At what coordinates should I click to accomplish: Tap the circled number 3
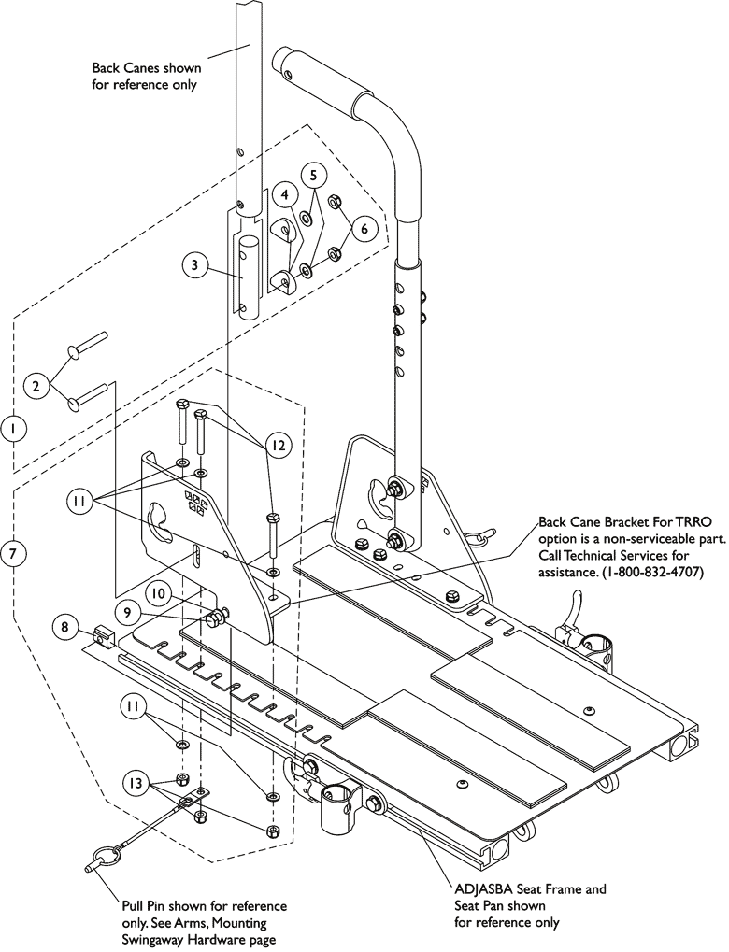[x=193, y=265]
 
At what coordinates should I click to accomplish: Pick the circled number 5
[x=314, y=175]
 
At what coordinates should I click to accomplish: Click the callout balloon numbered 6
[x=364, y=225]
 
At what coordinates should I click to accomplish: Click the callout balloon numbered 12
[x=277, y=447]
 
